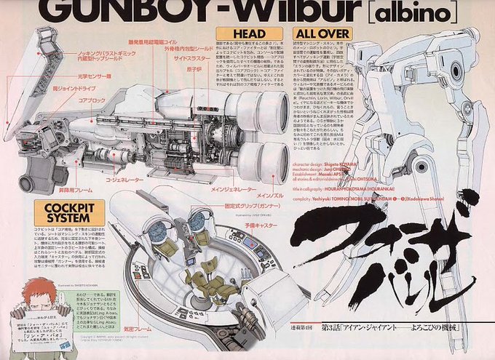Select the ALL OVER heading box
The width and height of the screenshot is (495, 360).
[322, 33]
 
